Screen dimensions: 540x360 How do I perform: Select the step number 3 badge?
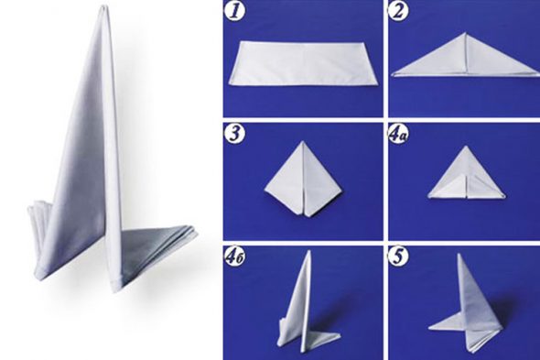(234, 133)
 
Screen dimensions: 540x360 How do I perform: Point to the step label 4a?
(398, 134)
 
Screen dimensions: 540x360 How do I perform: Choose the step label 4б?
(235, 257)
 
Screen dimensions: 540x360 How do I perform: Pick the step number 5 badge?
(398, 256)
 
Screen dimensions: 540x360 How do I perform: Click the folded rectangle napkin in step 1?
(304, 64)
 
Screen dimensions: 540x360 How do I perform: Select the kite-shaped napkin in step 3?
(303, 180)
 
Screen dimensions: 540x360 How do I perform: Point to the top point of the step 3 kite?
(302, 141)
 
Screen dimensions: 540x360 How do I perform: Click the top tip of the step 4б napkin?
(309, 251)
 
